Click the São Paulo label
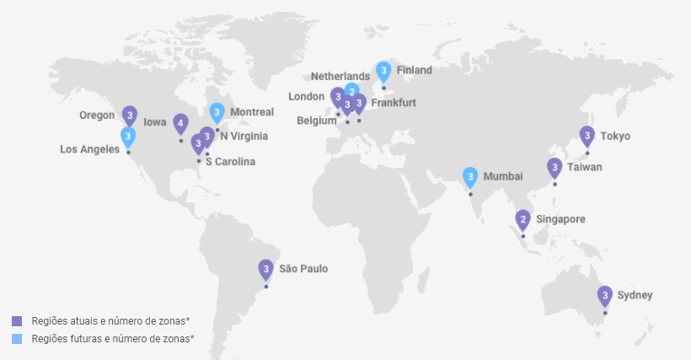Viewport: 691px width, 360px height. click(x=303, y=269)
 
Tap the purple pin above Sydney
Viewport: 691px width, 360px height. click(x=604, y=296)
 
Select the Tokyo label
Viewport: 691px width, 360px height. click(x=614, y=136)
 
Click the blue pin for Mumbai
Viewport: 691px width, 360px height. click(x=470, y=177)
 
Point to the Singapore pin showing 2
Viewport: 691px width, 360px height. click(x=523, y=220)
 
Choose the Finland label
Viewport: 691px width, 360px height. click(x=414, y=70)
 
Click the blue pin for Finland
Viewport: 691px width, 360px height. click(x=383, y=71)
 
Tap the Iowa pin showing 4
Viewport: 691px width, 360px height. click(x=180, y=123)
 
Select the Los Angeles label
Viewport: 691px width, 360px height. click(x=89, y=149)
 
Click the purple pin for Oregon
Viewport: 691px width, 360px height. click(x=129, y=115)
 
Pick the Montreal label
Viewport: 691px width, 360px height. click(x=252, y=112)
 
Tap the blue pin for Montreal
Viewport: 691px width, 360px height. click(x=217, y=112)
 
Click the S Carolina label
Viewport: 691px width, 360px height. click(x=230, y=161)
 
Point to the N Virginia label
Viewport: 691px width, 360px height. click(x=244, y=136)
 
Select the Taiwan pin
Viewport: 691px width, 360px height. click(x=554, y=168)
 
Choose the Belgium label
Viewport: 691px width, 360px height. click(x=317, y=121)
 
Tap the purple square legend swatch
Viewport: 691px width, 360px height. click(x=17, y=321)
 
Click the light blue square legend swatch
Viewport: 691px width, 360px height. click(x=17, y=338)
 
